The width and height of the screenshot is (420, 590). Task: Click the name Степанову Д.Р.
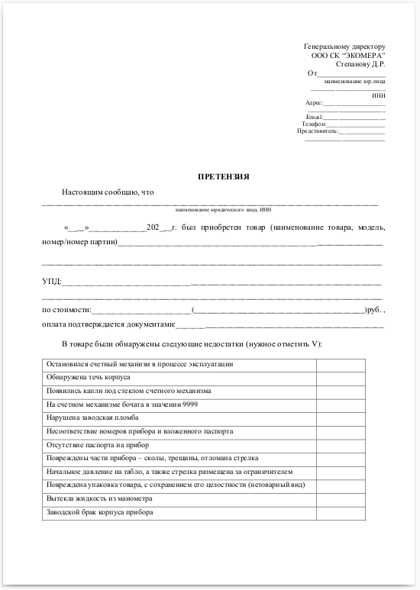(x=360, y=63)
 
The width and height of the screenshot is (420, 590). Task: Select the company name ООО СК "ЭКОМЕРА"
(x=348, y=55)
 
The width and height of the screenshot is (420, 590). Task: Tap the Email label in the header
(x=315, y=117)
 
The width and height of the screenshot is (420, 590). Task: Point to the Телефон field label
(x=314, y=124)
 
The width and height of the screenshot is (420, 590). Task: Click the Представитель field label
(x=317, y=131)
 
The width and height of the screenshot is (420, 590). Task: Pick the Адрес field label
(x=314, y=102)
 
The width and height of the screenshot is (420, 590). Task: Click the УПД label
(x=52, y=282)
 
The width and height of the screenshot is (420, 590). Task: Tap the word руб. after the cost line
(x=375, y=311)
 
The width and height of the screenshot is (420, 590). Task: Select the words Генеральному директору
(x=344, y=47)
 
